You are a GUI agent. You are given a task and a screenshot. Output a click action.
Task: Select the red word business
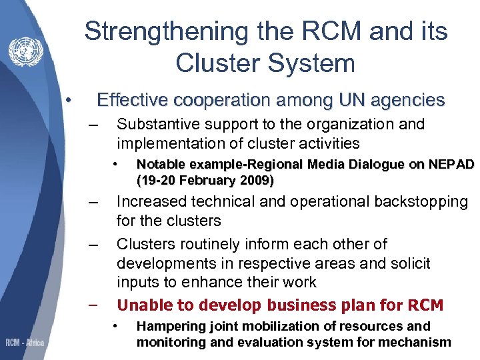(x=301, y=305)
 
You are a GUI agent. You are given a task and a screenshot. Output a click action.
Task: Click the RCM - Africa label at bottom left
(x=25, y=343)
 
